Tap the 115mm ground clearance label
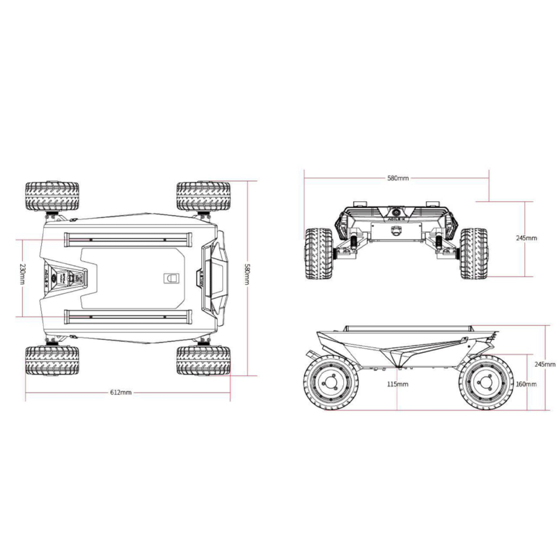pyautogui.click(x=398, y=384)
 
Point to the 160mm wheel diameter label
pyautogui.click(x=527, y=384)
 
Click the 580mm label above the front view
pyautogui.click(x=398, y=178)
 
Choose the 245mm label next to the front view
pyautogui.click(x=526, y=237)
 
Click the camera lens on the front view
pyautogui.click(x=397, y=213)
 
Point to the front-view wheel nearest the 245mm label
pyautogui.click(x=476, y=253)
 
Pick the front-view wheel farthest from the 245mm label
pyautogui.click(x=318, y=253)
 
